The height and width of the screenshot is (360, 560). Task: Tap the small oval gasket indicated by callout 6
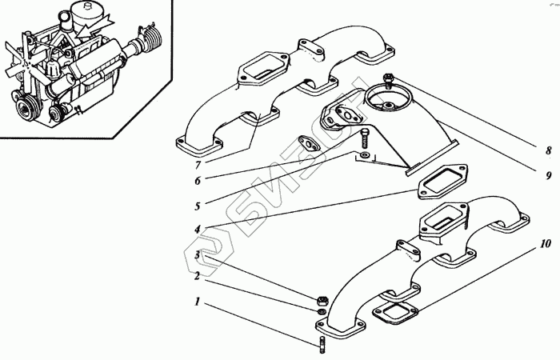point(307,144)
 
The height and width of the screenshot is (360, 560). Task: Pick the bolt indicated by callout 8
point(389,81)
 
